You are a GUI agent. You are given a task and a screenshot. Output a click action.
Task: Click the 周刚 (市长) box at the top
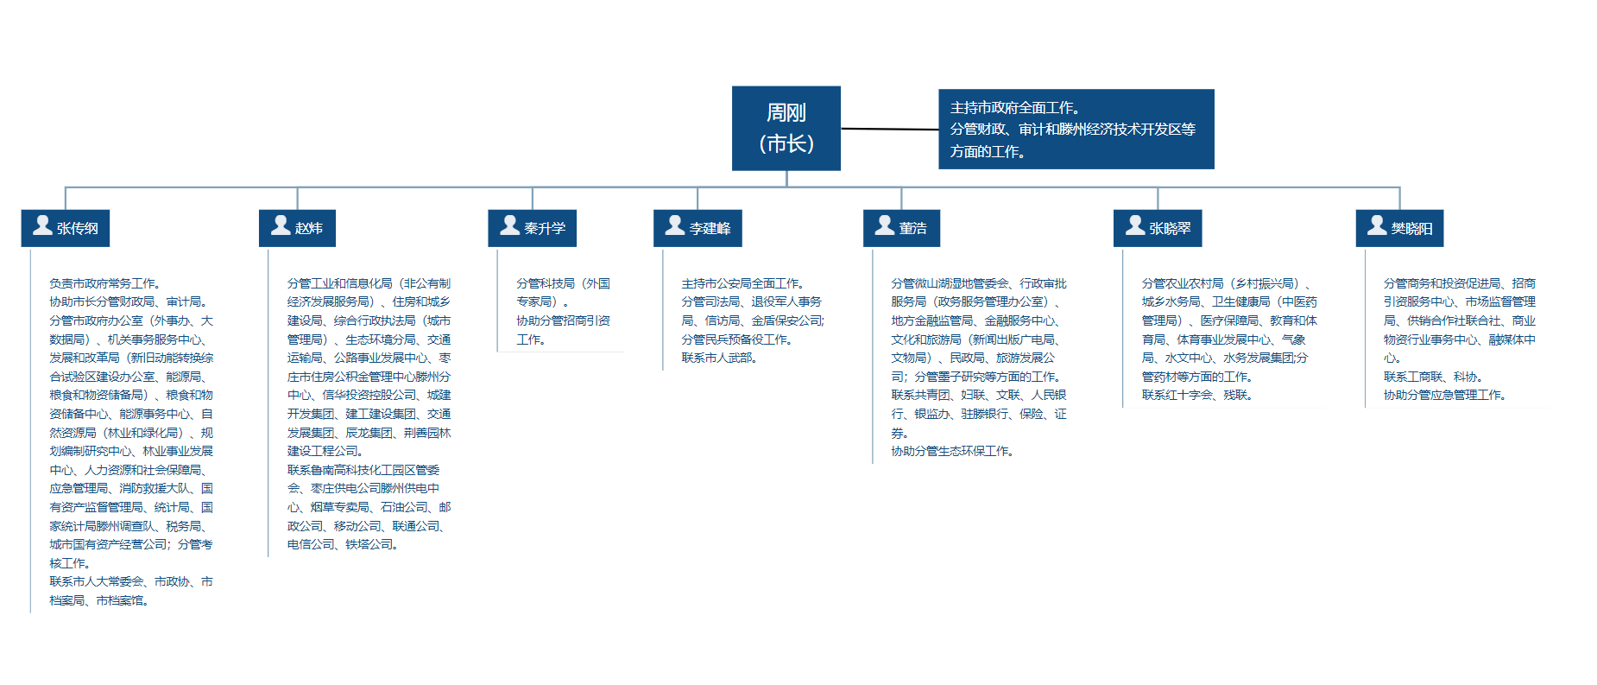pos(786,128)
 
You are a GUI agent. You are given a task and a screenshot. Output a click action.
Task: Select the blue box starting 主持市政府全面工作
pos(1076,129)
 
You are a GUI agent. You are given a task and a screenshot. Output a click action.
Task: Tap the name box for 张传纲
pos(66,228)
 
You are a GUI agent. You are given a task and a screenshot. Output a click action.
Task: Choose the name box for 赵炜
pos(297,228)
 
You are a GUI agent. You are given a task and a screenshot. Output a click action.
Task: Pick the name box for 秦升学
pos(532,228)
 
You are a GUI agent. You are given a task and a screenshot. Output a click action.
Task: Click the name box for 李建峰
pos(698,228)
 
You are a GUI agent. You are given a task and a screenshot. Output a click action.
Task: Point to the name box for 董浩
pos(901,228)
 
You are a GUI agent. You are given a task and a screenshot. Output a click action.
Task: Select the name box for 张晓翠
pos(1158,228)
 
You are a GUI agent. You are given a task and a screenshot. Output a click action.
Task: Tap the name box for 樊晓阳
pos(1399,228)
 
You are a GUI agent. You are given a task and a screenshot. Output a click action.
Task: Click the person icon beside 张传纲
pos(42,225)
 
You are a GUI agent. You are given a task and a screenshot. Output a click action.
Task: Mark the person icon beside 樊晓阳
pos(1377,225)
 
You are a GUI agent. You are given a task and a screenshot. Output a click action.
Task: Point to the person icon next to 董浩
pos(885,225)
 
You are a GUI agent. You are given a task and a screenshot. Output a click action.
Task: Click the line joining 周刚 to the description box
pos(889,129)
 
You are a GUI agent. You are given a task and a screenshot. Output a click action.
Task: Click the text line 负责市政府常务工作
pos(105,283)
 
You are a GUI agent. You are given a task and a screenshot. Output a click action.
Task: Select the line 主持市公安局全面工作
pos(743,283)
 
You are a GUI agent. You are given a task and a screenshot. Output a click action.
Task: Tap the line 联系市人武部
pos(720,358)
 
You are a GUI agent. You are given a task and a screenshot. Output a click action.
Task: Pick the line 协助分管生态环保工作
pos(953,451)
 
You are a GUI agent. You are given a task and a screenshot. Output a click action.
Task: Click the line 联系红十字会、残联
pos(1197,395)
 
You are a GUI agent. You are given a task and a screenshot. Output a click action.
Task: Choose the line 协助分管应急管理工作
pos(1445,395)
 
